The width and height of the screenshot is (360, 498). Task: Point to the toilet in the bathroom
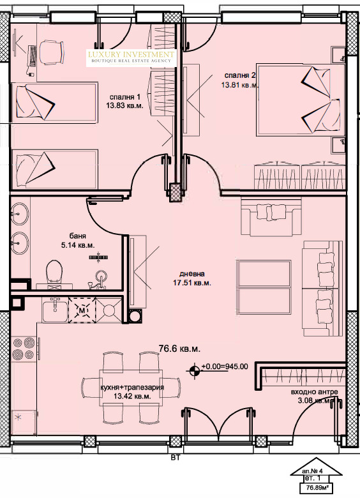click(x=53, y=271)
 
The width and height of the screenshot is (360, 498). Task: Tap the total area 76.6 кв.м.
click(x=179, y=349)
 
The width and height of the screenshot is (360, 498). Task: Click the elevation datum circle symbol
click(x=194, y=367)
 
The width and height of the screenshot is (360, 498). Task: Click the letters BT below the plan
click(x=174, y=457)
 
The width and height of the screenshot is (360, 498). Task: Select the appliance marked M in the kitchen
click(x=82, y=310)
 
